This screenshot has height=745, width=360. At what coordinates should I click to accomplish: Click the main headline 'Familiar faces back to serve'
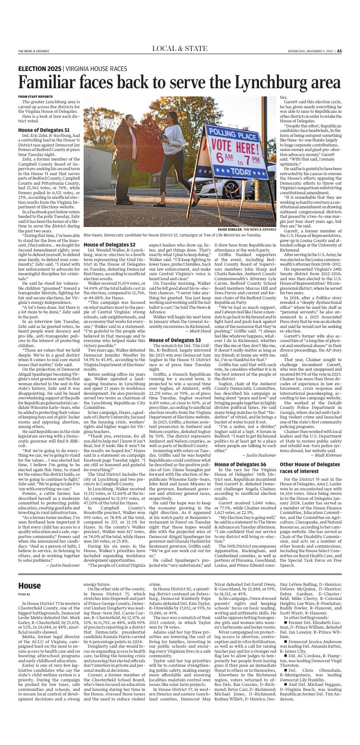point(179,82)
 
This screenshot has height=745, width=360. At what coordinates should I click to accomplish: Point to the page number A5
point(339,51)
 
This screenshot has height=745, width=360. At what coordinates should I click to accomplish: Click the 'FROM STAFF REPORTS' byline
point(35,96)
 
